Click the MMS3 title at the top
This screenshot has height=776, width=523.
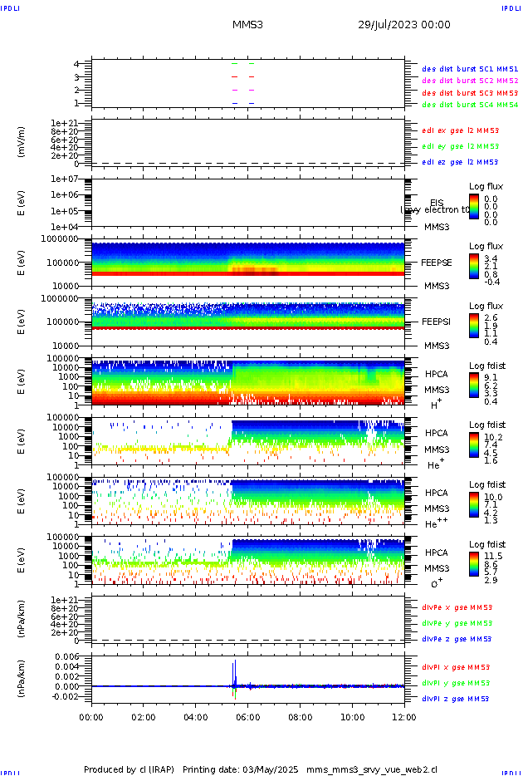tap(247, 25)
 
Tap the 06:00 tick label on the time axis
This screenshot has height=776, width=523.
tap(248, 718)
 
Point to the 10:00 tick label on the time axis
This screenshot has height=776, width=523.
tap(353, 718)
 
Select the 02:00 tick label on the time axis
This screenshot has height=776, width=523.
tap(144, 718)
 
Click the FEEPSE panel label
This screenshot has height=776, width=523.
tap(436, 262)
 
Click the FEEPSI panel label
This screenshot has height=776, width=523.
tap(436, 321)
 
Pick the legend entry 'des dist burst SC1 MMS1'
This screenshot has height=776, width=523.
tap(470, 69)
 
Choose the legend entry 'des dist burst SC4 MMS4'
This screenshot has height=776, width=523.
tap(470, 106)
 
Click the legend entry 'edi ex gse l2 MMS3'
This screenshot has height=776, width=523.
tap(460, 130)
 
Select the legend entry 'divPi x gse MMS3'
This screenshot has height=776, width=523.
tap(456, 667)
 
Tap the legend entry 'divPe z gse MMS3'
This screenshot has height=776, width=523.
tap(456, 640)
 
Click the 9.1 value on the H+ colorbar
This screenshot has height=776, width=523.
tap(491, 376)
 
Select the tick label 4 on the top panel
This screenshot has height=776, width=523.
tap(76, 64)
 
